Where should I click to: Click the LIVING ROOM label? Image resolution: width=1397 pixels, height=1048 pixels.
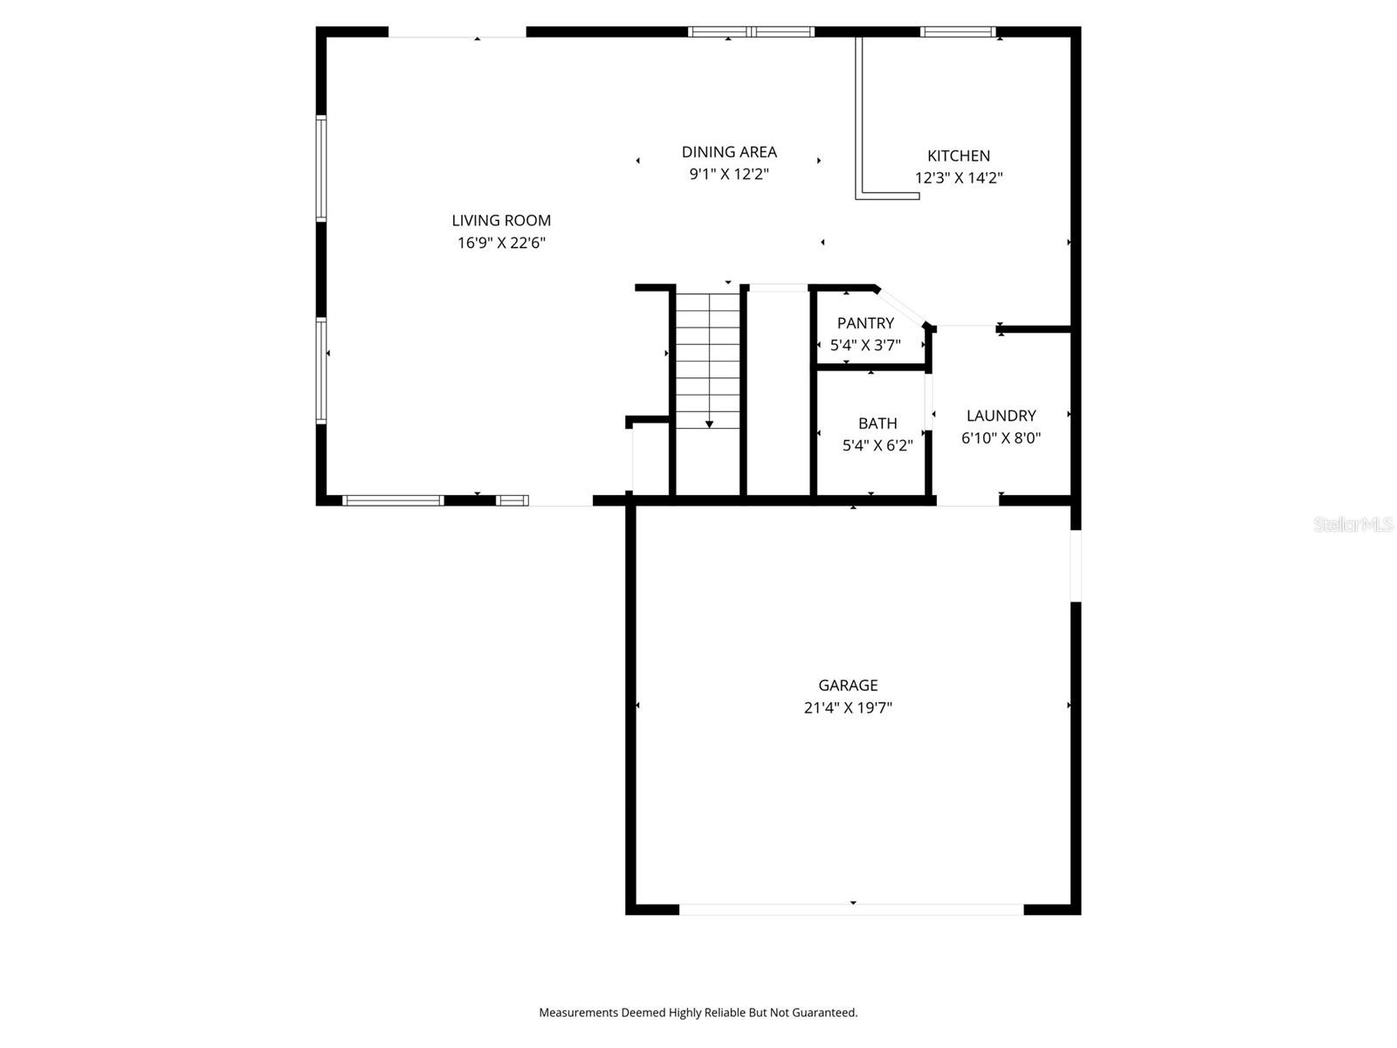coord(501,221)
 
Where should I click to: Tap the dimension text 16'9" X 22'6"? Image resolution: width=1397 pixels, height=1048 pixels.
coord(501,243)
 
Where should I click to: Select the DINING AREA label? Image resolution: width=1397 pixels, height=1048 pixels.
coord(729,152)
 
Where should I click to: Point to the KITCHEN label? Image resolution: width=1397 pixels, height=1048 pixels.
coord(958,156)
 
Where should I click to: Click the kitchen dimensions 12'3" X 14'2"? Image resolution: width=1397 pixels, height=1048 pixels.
coord(958,178)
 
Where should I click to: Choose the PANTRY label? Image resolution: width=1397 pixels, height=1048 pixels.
coord(865,323)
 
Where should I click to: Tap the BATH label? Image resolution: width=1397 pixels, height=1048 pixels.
coord(877,424)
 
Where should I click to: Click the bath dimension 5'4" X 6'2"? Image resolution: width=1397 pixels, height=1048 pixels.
coord(877,445)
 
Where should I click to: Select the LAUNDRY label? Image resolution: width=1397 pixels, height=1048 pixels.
coord(1001,416)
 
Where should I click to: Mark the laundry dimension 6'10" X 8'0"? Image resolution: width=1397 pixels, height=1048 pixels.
coord(1001,438)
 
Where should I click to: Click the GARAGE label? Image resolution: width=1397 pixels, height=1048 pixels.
coord(848,686)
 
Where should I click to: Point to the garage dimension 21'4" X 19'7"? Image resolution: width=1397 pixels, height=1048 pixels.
coord(848,707)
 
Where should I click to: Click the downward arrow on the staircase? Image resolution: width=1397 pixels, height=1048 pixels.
coord(709,423)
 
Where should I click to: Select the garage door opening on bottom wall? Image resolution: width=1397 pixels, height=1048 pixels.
coord(851,909)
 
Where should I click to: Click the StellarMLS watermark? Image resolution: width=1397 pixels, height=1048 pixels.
coord(1352,524)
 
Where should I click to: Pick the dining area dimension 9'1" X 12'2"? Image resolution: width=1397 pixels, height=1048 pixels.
coord(729,174)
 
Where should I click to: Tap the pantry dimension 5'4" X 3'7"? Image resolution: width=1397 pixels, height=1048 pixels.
coord(865,345)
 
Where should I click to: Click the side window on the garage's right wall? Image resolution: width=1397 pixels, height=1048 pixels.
coord(1076,565)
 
